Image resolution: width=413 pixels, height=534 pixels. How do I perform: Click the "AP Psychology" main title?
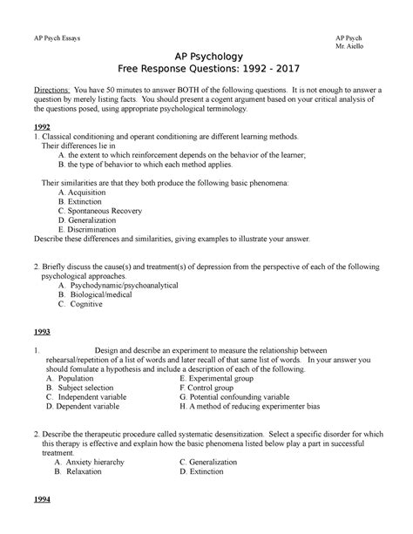206,55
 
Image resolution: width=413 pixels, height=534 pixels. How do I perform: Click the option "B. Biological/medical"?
98,294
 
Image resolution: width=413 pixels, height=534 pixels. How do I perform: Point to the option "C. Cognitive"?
83,305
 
